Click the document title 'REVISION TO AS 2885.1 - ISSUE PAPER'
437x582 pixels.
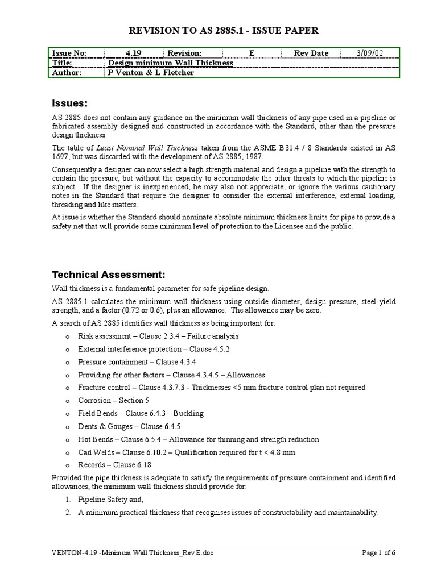coord(218,30)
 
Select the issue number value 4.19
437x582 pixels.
coord(133,53)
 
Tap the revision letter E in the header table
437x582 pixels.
coord(252,53)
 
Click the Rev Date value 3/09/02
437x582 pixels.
coord(369,53)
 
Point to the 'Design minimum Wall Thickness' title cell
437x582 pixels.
coord(170,63)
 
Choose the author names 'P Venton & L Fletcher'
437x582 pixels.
coord(151,73)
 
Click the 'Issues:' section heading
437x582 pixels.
coord(70,103)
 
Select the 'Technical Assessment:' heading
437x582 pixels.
coord(109,275)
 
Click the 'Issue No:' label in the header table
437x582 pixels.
coord(69,53)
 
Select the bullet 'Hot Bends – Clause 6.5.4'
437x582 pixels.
coord(199,439)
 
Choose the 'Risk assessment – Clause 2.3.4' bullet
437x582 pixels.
coord(158,336)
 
